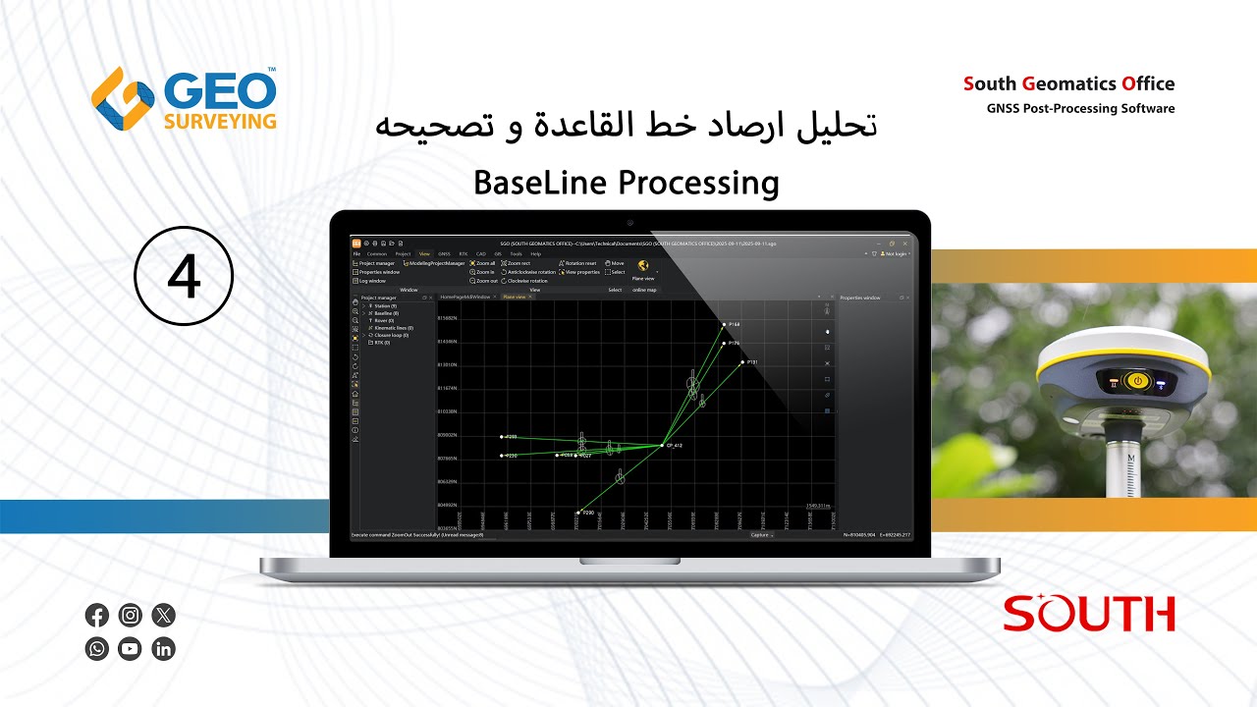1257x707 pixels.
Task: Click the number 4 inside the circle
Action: click(184, 276)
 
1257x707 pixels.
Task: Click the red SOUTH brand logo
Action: click(1089, 614)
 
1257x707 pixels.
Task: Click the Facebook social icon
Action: click(97, 616)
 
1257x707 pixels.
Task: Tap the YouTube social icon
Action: click(130, 649)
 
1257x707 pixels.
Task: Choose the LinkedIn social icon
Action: click(163, 649)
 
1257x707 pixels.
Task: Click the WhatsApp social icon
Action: click(97, 649)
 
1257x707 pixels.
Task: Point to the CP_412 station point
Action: click(662, 445)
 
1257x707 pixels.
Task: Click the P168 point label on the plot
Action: click(735, 324)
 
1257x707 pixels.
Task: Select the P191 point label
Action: click(752, 362)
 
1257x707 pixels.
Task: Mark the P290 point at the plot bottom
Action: click(578, 512)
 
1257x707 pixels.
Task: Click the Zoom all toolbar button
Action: click(483, 263)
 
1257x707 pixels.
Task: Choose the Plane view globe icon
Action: click(643, 266)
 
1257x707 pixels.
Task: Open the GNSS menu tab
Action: click(444, 253)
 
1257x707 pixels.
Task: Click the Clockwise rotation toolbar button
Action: click(527, 281)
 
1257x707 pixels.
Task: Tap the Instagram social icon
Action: click(130, 616)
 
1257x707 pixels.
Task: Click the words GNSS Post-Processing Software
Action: click(1080, 109)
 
